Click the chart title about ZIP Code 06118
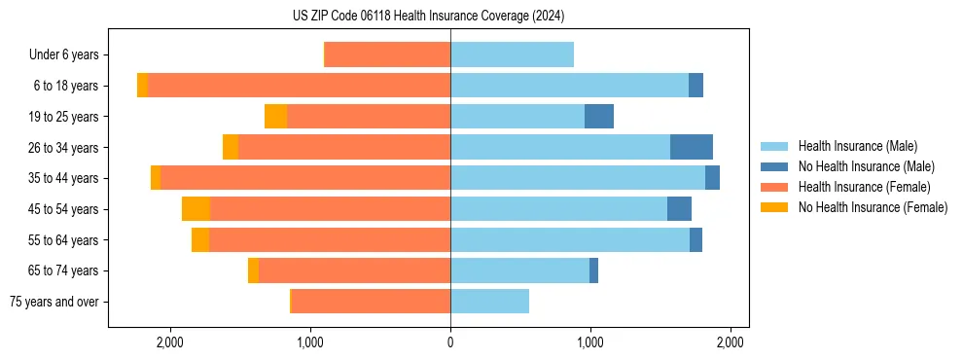(x=428, y=17)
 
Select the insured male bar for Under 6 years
(x=512, y=54)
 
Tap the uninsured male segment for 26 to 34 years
(x=692, y=147)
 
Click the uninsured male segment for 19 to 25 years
(x=599, y=117)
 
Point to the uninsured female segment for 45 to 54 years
(x=196, y=209)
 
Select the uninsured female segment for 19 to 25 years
(x=276, y=117)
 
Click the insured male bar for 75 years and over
(x=489, y=302)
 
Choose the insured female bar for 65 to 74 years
(x=354, y=270)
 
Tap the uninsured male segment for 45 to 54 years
(x=679, y=209)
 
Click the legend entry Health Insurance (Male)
(x=857, y=146)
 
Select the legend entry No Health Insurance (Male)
(x=866, y=166)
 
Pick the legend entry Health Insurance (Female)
(x=863, y=187)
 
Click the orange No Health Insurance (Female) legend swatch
(x=774, y=207)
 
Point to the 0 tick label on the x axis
(x=450, y=342)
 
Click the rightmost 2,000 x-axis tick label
(x=731, y=342)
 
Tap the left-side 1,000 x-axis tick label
(x=310, y=342)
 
